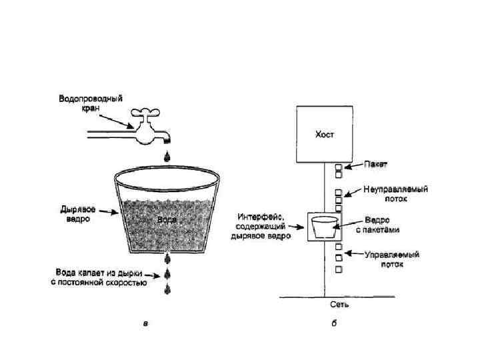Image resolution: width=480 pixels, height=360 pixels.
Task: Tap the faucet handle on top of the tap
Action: coord(143,113)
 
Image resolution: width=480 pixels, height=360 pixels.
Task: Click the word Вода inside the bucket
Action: coord(167,218)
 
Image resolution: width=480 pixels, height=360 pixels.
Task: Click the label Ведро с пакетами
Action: coord(382,225)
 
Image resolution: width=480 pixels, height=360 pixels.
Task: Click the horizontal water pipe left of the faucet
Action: coord(107,135)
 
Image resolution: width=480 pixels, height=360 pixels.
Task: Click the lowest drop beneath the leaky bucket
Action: coord(166,289)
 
